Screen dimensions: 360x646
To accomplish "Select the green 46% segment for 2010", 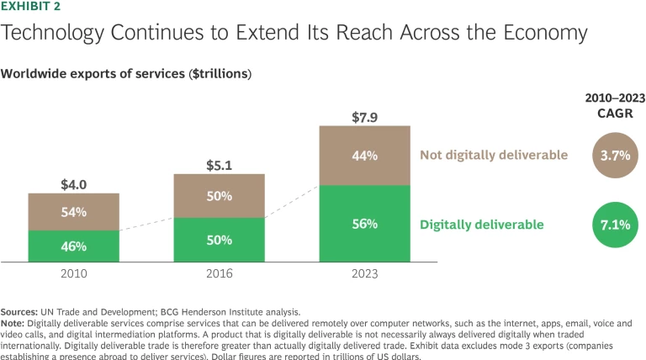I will (x=73, y=246).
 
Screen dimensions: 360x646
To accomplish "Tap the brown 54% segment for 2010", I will (x=73, y=212).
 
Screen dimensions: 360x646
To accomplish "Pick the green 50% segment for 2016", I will (x=219, y=241).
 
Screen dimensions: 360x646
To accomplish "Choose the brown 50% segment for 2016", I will (x=219, y=196).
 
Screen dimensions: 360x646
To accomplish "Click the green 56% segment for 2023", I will (x=364, y=224).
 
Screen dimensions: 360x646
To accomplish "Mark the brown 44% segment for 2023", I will (x=364, y=155).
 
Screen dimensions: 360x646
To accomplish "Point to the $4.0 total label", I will (x=73, y=183).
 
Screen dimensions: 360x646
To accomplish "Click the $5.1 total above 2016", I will (x=219, y=164).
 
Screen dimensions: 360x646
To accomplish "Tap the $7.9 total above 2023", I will (x=364, y=115).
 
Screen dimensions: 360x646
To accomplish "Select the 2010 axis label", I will (x=73, y=274).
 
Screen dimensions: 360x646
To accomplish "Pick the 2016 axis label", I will (x=219, y=274).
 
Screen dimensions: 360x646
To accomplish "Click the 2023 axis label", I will (x=364, y=274).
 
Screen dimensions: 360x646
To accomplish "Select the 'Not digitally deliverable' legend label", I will (x=493, y=155).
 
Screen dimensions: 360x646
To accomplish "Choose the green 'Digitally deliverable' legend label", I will (x=481, y=225).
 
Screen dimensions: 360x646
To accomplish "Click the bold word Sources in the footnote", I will (x=22, y=312).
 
